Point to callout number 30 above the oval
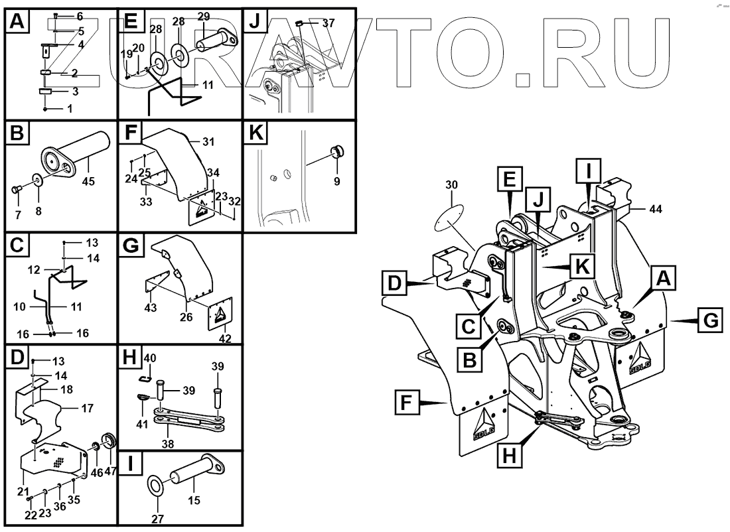[x=451, y=184]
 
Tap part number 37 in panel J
[x=328, y=23]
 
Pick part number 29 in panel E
[x=204, y=15]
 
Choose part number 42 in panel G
[x=225, y=338]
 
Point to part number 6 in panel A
[x=80, y=15]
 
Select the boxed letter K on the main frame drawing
[x=581, y=267]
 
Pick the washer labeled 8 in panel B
[x=38, y=180]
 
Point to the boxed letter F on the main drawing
[x=409, y=402]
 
